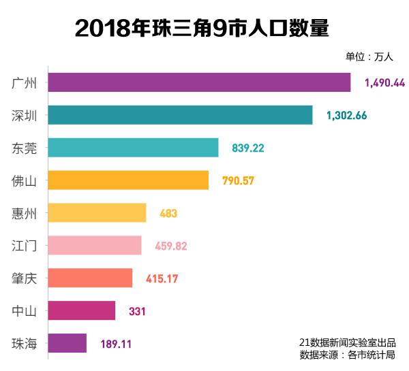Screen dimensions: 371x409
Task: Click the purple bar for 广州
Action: click(199, 82)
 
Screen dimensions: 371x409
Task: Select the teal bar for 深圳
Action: click(180, 115)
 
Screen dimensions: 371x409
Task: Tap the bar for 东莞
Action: click(133, 148)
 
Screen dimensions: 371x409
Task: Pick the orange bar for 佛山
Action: click(128, 180)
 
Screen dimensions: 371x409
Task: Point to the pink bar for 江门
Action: click(95, 246)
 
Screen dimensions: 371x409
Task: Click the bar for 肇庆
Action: click(90, 278)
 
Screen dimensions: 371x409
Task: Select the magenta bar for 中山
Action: click(82, 311)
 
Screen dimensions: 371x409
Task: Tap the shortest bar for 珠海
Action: click(67, 343)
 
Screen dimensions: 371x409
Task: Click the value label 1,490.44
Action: click(384, 83)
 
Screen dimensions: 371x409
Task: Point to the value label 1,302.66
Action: click(346, 116)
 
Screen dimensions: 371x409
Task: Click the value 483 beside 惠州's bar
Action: click(168, 214)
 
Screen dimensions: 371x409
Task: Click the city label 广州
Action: click(25, 83)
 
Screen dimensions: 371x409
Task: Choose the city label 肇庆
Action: click(25, 278)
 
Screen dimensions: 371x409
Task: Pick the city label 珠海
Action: click(25, 343)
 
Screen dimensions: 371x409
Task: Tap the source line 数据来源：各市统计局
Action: click(347, 355)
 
